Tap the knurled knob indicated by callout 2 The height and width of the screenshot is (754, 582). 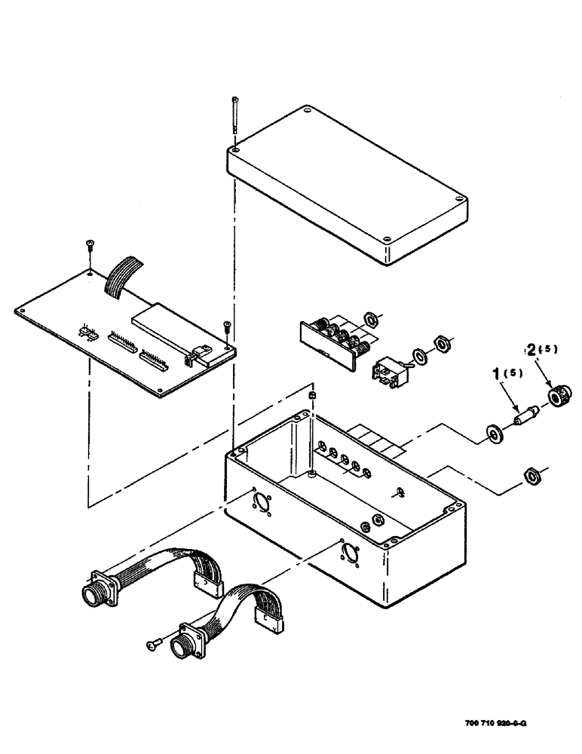click(x=558, y=395)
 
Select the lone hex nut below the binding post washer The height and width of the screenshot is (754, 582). click(x=531, y=475)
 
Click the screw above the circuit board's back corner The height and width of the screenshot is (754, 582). click(x=90, y=244)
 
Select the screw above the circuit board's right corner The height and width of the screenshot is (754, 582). click(x=227, y=326)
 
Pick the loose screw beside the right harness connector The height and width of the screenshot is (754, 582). click(x=153, y=643)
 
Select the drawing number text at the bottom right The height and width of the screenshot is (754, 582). click(x=492, y=722)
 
